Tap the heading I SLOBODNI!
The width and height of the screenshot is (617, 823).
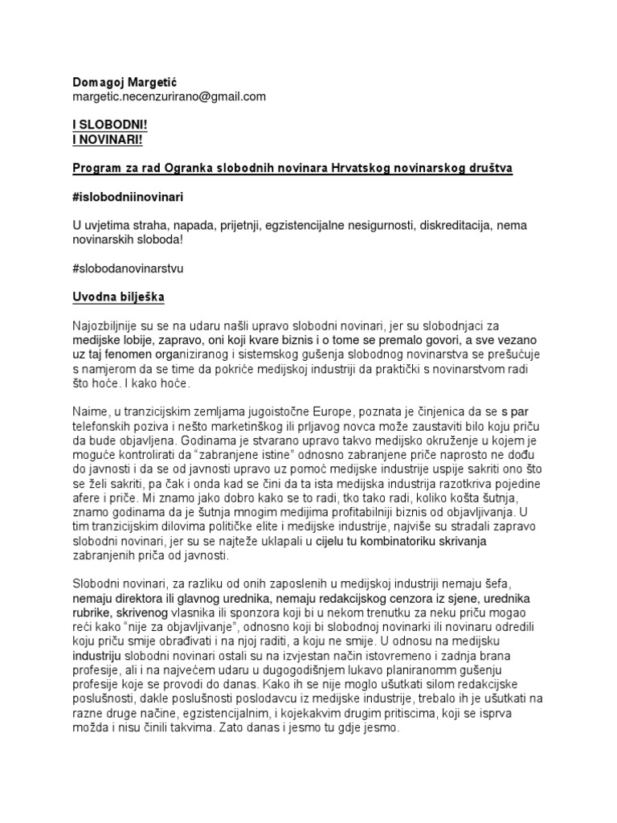click(107, 127)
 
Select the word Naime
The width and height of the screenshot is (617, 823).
click(88, 409)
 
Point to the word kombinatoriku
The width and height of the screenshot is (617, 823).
click(398, 540)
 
